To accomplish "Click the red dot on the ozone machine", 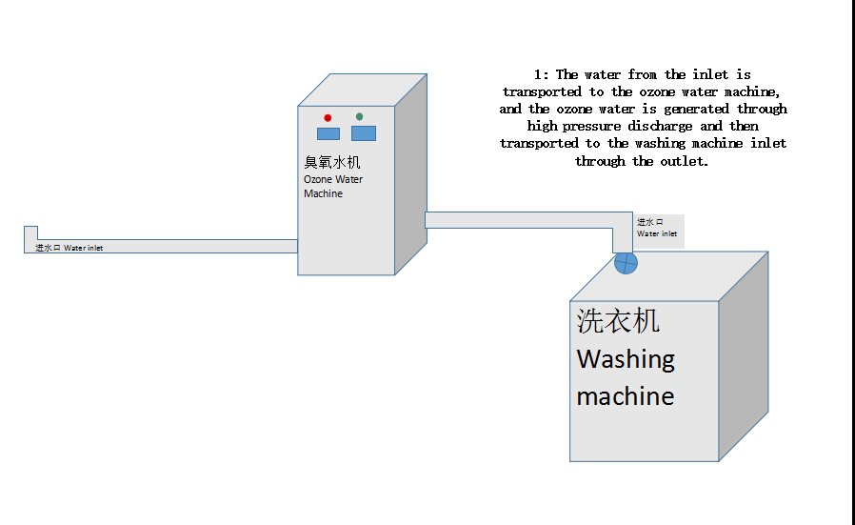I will click(328, 117).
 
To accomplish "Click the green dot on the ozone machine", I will click(359, 117).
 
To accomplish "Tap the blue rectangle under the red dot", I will click(328, 133).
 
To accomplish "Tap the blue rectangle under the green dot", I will click(364, 133).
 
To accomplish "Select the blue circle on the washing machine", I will click(626, 263).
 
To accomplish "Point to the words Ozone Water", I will click(333, 179).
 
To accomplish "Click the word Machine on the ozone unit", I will click(323, 193).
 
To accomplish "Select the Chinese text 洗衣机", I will click(618, 322).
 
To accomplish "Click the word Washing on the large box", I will click(626, 359).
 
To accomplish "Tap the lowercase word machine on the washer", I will click(625, 395).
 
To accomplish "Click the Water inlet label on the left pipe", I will click(84, 248).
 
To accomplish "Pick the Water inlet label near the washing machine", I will click(657, 233).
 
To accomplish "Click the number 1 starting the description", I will click(537, 74).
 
